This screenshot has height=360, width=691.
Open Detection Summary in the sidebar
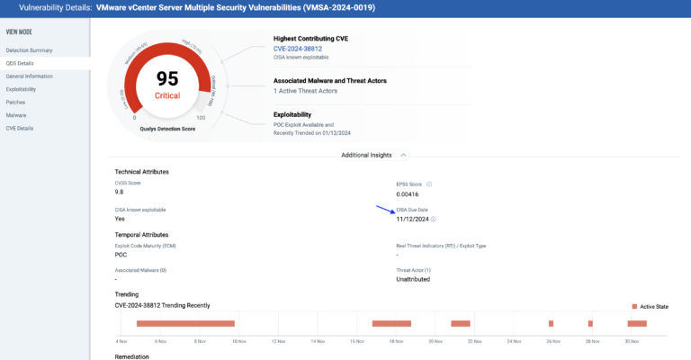[29, 49]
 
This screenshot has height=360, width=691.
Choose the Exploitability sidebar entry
[22, 89]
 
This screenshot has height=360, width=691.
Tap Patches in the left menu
[15, 102]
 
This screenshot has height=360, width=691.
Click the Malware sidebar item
[16, 115]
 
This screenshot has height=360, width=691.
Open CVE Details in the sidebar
[19, 128]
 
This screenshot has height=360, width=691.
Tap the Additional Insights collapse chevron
[402, 155]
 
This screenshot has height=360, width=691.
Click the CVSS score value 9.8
[120, 192]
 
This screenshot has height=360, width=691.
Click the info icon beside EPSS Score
[429, 184]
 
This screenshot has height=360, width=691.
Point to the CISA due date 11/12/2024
[412, 219]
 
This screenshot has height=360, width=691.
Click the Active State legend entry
[650, 306]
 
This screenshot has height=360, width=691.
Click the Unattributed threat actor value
[413, 279]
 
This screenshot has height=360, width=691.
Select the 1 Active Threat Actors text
[307, 92]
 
